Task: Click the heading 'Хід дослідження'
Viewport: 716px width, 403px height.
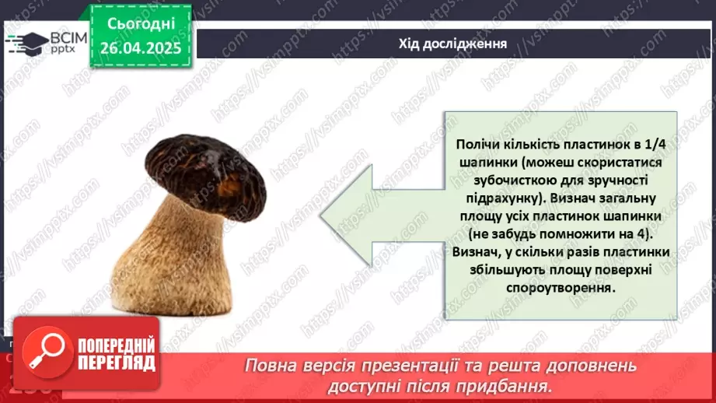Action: [453, 44]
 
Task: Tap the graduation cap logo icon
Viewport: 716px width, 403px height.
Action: [25, 42]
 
